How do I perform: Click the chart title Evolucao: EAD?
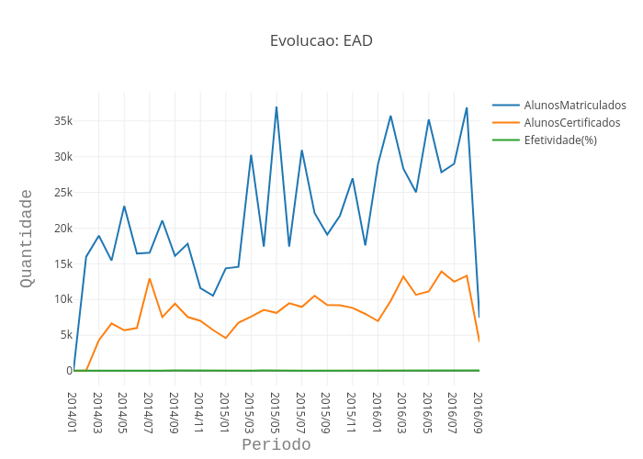click(321, 40)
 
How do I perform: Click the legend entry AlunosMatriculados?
click(574, 106)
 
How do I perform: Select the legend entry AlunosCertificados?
click(571, 122)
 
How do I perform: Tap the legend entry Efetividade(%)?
click(560, 140)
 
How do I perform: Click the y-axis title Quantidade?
click(27, 238)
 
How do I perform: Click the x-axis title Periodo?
click(276, 445)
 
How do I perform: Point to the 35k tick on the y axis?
click(63, 121)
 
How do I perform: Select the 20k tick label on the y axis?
click(63, 229)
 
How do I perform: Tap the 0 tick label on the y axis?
click(69, 371)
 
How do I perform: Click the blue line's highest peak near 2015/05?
click(276, 107)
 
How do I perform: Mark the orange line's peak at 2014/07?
click(150, 279)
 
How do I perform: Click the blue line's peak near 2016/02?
click(390, 116)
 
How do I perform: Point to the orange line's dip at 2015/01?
click(225, 338)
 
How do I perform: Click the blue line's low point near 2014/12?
click(212, 296)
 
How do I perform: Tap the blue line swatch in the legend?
click(506, 106)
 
